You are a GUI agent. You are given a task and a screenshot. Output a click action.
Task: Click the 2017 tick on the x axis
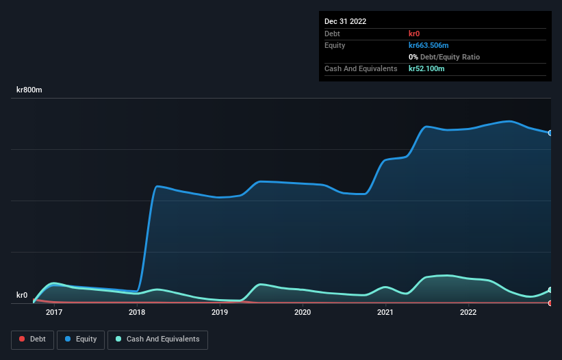pyautogui.click(x=54, y=313)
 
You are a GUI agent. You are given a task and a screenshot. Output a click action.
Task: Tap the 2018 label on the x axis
pyautogui.click(x=137, y=313)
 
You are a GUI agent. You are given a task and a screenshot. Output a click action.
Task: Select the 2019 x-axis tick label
pyautogui.click(x=220, y=313)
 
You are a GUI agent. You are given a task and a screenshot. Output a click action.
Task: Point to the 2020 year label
pyautogui.click(x=303, y=313)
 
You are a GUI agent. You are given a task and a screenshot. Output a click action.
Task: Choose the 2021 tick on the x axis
pyautogui.click(x=385, y=313)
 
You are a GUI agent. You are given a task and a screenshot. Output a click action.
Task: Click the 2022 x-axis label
pyautogui.click(x=468, y=313)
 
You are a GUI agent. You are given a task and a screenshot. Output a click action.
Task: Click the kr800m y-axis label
pyautogui.click(x=29, y=90)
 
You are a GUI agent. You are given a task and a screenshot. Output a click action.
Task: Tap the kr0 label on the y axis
pyautogui.click(x=22, y=296)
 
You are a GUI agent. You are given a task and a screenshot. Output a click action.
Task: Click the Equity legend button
pyautogui.click(x=81, y=339)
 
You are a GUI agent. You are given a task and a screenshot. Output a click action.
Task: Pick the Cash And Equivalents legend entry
pyautogui.click(x=157, y=339)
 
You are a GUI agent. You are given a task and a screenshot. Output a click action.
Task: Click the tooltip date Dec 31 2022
pyautogui.click(x=346, y=21)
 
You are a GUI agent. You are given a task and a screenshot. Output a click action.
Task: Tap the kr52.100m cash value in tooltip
pyautogui.click(x=426, y=68)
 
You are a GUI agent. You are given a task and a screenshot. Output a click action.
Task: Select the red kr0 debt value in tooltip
pyautogui.click(x=415, y=34)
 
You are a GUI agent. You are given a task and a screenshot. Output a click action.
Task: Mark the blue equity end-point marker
pyautogui.click(x=550, y=133)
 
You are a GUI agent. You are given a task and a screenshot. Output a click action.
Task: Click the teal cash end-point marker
pyautogui.click(x=550, y=290)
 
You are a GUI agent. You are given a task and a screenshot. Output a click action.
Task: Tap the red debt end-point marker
pyautogui.click(x=550, y=303)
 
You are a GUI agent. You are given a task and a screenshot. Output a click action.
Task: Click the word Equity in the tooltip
pyautogui.click(x=335, y=45)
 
